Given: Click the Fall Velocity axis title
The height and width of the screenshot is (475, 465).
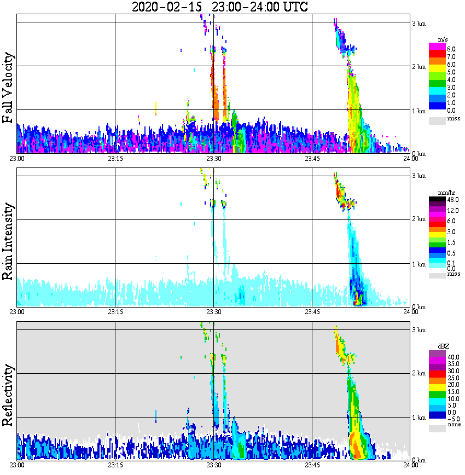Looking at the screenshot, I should [8, 88].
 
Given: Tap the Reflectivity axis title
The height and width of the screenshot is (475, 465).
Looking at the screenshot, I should [8, 393].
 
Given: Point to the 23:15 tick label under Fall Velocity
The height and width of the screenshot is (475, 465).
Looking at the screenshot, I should [115, 159].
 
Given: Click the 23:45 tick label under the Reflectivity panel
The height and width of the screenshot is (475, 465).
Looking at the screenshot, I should [312, 465].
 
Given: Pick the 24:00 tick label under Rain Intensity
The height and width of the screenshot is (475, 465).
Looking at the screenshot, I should [410, 312].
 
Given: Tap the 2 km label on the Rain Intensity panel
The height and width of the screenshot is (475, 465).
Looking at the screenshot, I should [419, 219].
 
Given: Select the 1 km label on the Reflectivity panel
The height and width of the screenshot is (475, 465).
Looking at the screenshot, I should [419, 418].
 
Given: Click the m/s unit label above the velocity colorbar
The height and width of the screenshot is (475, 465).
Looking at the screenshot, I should [444, 39].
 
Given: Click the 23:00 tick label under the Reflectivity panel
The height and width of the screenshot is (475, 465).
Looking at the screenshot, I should [17, 465].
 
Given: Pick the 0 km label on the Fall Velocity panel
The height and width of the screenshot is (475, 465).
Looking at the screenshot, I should [419, 154].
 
